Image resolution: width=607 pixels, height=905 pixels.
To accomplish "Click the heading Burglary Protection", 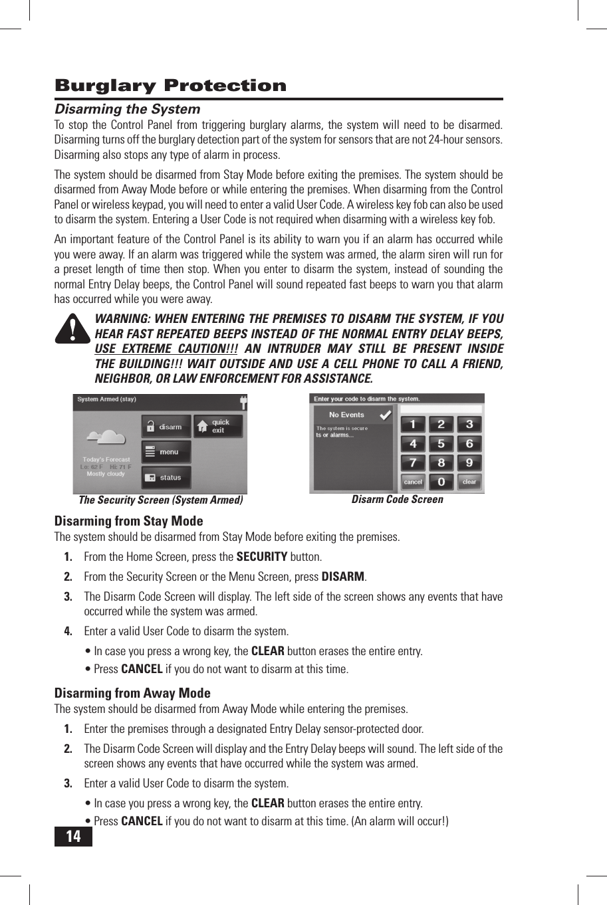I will coord(170,86).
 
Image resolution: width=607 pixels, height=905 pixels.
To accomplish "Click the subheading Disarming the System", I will coord(127,109).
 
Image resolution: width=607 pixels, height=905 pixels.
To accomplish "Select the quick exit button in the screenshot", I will coord(218,426).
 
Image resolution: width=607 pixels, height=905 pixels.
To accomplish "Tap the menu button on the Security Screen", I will coord(166,452).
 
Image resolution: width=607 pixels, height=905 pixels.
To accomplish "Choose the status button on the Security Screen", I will coord(166,477).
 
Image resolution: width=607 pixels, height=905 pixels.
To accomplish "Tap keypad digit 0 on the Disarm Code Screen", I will coord(441,482).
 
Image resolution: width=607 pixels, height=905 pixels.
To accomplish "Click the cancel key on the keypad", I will coord(413,482).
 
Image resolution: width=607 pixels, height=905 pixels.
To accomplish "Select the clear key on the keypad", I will coord(469,482).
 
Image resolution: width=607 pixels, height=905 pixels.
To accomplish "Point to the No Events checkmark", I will coord(384,415).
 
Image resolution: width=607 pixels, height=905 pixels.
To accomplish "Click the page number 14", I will coord(73,836).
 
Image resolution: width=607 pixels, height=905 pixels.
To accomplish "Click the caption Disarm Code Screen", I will coord(397,500).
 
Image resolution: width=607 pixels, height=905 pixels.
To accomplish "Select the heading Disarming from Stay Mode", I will coord(128,521).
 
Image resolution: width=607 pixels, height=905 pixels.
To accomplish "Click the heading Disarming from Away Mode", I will coord(132,693).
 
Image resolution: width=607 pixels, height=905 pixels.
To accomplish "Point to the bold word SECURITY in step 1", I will coord(262,557).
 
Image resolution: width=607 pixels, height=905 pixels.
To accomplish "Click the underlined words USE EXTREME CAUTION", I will coord(166,349).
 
